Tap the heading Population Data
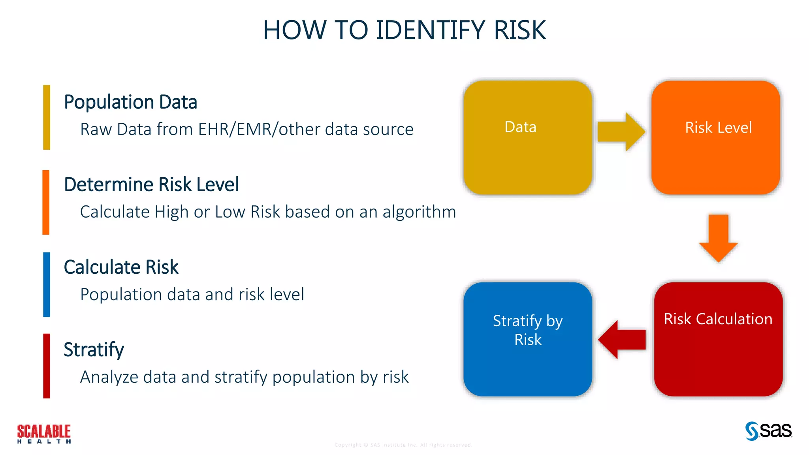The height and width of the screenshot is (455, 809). (x=130, y=102)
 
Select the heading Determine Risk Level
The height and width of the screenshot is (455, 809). (x=151, y=184)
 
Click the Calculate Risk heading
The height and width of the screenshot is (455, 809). (x=121, y=267)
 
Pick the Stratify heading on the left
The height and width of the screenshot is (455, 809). (x=94, y=350)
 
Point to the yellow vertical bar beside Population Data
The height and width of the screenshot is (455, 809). (x=47, y=117)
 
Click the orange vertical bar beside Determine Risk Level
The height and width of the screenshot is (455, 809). (x=46, y=202)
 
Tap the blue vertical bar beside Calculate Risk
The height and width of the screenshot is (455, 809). (x=47, y=284)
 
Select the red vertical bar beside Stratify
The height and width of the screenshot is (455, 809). (x=47, y=366)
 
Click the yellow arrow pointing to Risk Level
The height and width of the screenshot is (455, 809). (x=621, y=132)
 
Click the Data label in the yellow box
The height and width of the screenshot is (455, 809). (x=520, y=127)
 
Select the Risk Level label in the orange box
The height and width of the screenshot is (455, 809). (x=718, y=128)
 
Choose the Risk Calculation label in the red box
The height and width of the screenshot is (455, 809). (x=718, y=319)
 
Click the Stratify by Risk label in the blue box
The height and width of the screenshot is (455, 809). (x=528, y=330)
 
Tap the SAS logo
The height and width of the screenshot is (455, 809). (x=768, y=431)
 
